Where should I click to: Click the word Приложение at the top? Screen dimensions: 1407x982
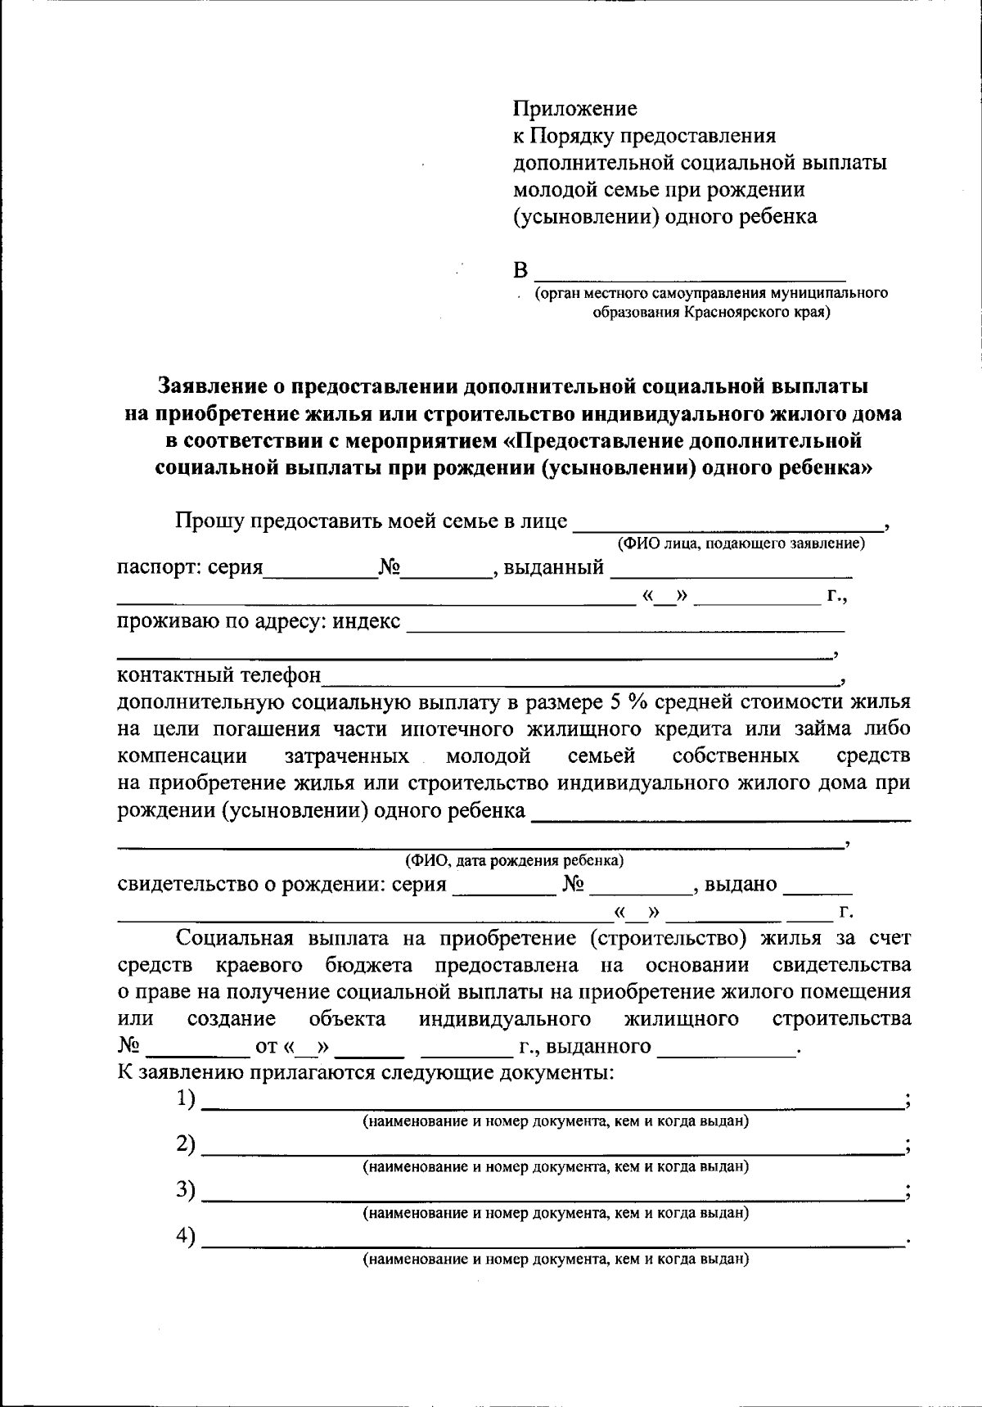(574, 108)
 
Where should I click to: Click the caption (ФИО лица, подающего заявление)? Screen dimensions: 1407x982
(741, 543)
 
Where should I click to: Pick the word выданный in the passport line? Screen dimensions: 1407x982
(554, 567)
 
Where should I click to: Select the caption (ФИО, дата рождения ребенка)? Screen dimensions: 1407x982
(515, 861)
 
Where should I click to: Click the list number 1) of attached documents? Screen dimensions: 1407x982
(186, 1099)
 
